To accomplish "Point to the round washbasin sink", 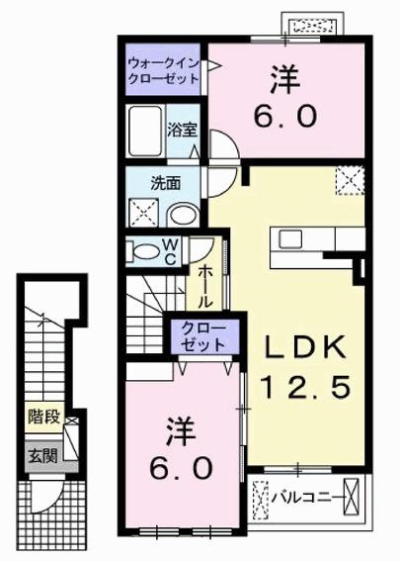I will click(x=181, y=215).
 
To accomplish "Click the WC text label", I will click(x=171, y=250).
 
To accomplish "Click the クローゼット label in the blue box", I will click(x=202, y=337).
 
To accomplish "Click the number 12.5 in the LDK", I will click(x=303, y=387).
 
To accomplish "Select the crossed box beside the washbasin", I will click(x=142, y=213).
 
